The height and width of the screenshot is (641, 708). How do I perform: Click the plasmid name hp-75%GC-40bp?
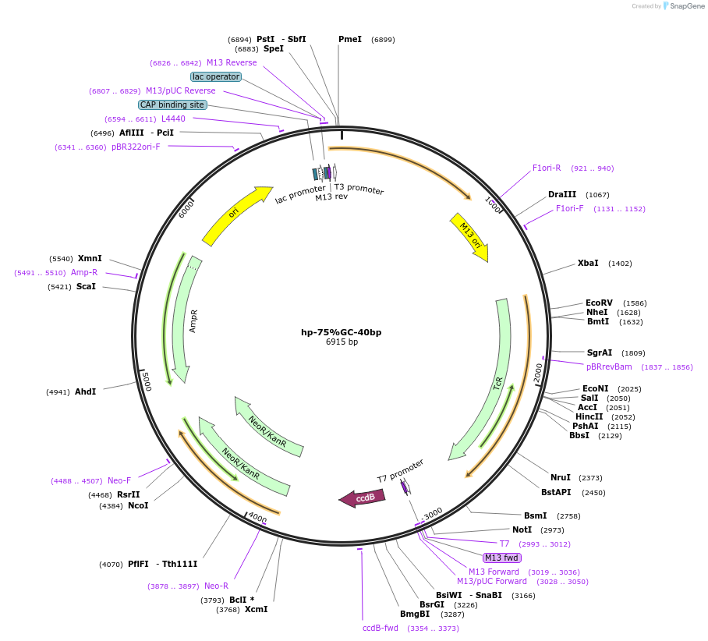342,332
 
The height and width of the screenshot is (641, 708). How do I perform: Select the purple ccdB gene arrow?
358,498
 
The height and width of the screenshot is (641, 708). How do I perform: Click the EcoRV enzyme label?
599,303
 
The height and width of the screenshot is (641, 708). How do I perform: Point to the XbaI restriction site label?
588,264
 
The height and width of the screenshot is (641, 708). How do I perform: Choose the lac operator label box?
216,76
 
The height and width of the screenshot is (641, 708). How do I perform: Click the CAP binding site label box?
172,104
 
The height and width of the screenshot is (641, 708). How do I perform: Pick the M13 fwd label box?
501,558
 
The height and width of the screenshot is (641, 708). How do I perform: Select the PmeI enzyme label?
350,39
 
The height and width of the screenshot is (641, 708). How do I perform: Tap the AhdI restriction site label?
85,391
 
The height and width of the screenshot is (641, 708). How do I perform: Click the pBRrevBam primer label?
609,367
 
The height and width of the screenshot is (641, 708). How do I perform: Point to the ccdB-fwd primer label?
381,628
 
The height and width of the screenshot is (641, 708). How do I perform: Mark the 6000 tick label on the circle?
186,208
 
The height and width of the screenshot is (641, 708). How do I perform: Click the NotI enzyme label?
522,530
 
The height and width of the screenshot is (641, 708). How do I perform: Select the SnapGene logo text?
685,6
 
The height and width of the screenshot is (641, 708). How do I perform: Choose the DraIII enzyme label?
562,194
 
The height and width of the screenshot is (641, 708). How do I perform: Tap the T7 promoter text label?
401,470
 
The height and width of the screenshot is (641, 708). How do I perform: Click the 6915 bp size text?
342,342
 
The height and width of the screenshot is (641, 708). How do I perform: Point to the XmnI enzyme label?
90,258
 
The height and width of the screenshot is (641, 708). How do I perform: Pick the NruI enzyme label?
561,477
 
